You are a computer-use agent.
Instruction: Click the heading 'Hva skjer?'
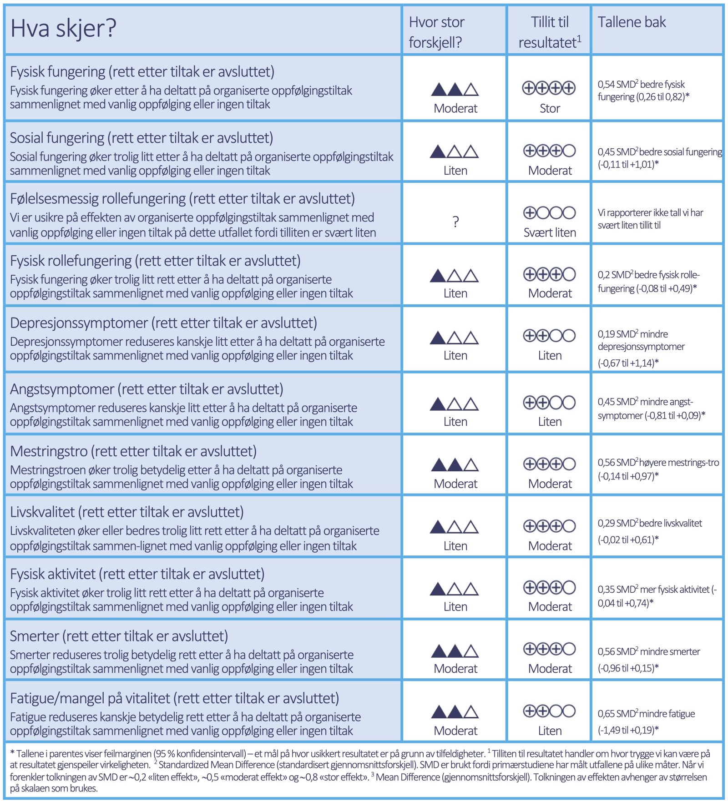coord(63,28)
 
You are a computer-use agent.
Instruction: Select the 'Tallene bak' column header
coord(631,22)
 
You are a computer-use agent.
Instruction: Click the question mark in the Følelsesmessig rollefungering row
coord(455,222)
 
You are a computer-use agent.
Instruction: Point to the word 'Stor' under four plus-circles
coord(549,108)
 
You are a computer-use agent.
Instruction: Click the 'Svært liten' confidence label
coord(549,232)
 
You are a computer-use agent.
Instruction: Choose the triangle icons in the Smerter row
coord(455,651)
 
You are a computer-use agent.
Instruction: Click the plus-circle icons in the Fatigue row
coord(549,711)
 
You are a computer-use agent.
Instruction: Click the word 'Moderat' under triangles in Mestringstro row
coord(455,484)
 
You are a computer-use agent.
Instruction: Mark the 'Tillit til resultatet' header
coord(549,32)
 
